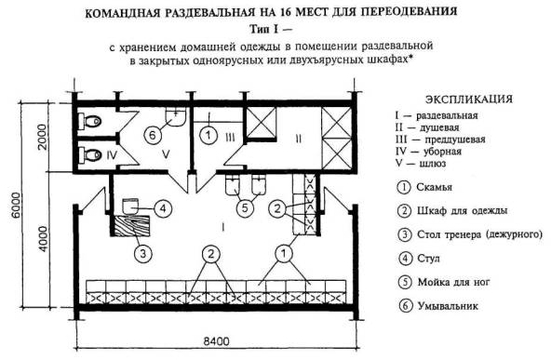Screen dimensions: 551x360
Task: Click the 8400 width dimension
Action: click(x=217, y=341)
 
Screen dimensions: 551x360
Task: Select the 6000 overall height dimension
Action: click(x=16, y=205)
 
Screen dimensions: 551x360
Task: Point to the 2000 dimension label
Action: click(x=42, y=137)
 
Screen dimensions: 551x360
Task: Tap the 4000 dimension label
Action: click(x=43, y=239)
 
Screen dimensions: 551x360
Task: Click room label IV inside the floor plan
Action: click(x=112, y=155)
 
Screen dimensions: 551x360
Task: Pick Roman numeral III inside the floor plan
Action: click(x=230, y=138)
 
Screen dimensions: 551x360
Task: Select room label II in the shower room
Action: click(x=299, y=140)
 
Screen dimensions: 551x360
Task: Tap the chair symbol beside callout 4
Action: click(x=130, y=207)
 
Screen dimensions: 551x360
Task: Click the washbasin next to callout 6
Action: click(x=175, y=117)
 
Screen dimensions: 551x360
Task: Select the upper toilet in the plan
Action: click(x=89, y=122)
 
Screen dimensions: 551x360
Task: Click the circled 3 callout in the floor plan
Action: click(x=142, y=254)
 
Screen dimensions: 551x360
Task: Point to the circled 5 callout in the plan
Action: click(x=245, y=208)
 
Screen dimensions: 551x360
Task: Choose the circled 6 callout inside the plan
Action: click(x=153, y=135)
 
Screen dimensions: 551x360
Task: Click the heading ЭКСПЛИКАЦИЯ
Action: click(x=469, y=100)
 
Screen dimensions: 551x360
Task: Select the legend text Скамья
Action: click(x=434, y=187)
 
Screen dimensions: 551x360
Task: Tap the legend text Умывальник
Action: click(x=448, y=306)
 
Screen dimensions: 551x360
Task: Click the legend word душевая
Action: click(x=439, y=127)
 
